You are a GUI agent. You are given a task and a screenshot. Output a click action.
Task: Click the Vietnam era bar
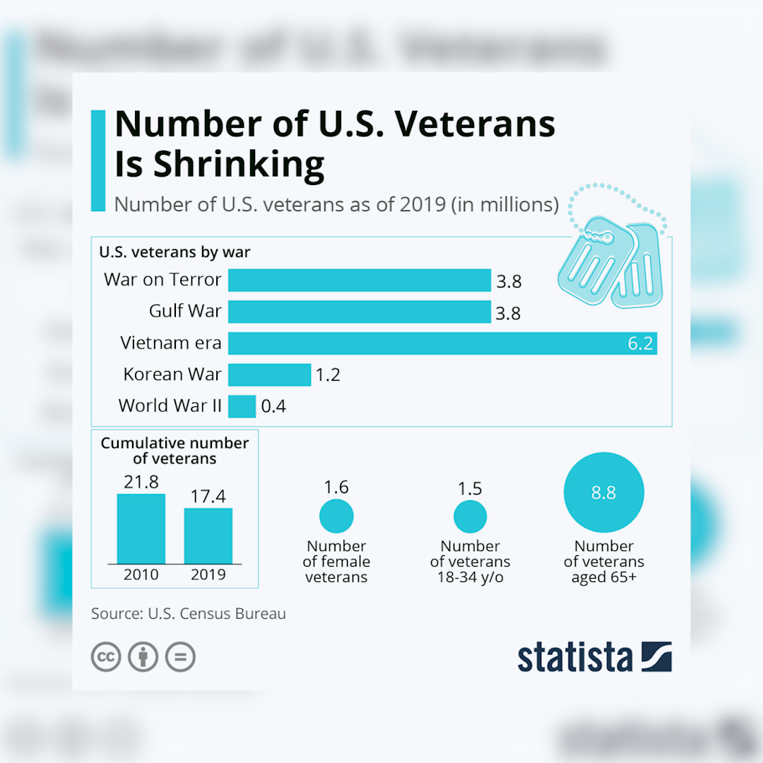[424, 343]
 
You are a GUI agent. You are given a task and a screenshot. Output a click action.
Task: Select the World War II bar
[242, 406]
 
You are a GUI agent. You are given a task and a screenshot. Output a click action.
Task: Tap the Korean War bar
[269, 374]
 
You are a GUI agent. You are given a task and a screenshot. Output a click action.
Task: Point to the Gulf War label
[185, 312]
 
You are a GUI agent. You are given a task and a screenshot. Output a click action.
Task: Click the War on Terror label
[162, 280]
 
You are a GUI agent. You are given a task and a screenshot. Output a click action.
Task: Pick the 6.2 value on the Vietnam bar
[641, 344]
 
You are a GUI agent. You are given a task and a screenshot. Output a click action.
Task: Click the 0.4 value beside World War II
[273, 406]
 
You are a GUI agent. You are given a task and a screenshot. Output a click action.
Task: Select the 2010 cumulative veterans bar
[141, 528]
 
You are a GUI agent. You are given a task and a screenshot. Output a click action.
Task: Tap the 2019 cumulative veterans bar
[208, 535]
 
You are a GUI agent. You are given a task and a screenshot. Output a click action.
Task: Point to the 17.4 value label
[208, 496]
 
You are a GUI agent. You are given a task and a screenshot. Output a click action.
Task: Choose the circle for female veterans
[336, 516]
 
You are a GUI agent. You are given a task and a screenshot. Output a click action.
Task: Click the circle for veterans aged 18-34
[470, 516]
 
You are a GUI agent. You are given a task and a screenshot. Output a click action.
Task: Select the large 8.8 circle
[604, 492]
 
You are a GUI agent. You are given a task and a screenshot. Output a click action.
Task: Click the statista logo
[594, 657]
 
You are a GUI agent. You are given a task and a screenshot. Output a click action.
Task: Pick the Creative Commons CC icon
[106, 657]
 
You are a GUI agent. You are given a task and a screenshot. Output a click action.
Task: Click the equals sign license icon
[180, 657]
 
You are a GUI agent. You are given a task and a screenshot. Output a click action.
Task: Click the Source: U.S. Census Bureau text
[189, 613]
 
